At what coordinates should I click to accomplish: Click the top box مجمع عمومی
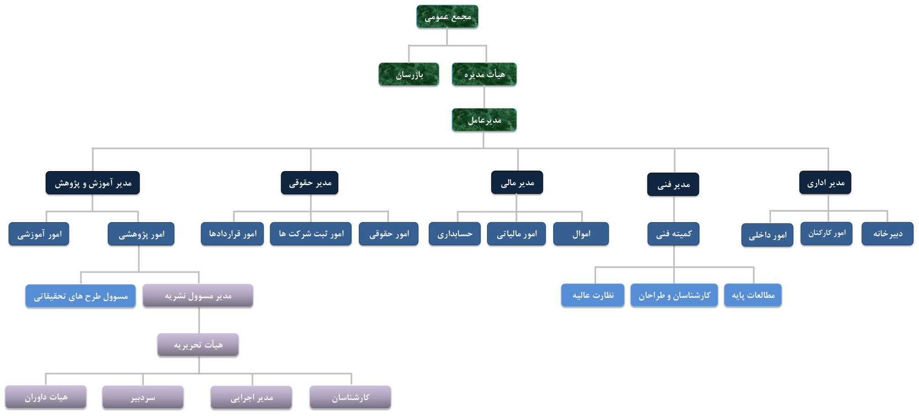click(447, 17)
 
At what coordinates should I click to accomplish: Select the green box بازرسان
click(409, 74)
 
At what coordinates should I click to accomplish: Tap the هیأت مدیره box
click(484, 74)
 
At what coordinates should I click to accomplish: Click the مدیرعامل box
click(484, 120)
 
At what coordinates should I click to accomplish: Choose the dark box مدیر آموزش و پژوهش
click(93, 183)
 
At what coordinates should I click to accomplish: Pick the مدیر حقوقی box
click(310, 183)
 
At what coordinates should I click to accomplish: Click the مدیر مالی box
click(517, 182)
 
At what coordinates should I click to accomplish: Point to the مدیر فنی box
click(673, 184)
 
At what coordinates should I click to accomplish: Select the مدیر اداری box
click(825, 182)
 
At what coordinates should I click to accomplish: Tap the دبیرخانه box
click(887, 234)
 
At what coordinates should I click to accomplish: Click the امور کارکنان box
click(826, 234)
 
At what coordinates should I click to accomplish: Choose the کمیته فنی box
click(673, 234)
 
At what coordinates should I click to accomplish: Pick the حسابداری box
click(455, 234)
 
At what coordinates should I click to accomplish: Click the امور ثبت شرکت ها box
click(310, 234)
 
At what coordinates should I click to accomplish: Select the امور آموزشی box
click(39, 234)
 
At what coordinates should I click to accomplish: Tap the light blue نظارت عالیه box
click(593, 295)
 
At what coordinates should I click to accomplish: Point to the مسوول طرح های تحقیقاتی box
click(80, 296)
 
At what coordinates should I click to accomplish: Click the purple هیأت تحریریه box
click(198, 345)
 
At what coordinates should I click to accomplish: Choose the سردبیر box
click(143, 397)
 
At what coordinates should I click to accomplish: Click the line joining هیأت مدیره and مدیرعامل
click(484, 97)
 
